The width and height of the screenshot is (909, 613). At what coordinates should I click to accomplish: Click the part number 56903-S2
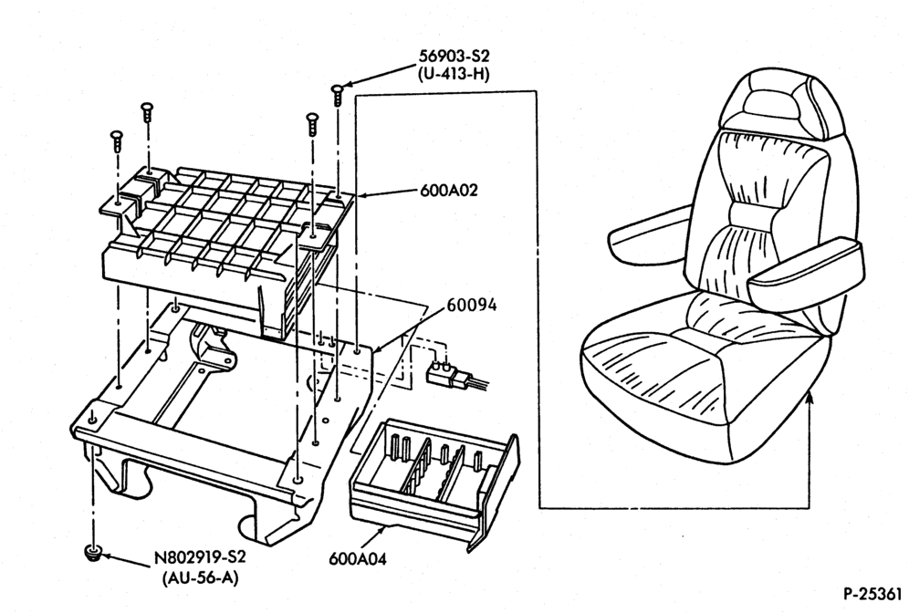(454, 57)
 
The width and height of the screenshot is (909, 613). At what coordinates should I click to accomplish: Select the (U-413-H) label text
(454, 75)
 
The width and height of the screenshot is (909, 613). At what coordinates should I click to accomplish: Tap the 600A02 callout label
(449, 191)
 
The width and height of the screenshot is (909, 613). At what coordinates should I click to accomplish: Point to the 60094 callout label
(471, 305)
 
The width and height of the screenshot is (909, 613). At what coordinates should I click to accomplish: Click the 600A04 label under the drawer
(358, 558)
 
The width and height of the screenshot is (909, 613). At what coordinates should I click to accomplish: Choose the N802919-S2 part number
(200, 557)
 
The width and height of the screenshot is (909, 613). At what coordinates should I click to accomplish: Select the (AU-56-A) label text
(200, 577)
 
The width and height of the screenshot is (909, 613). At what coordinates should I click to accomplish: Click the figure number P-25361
(872, 594)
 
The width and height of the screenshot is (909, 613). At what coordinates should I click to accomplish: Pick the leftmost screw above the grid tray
(117, 141)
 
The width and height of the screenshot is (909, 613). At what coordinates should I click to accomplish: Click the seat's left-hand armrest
(649, 234)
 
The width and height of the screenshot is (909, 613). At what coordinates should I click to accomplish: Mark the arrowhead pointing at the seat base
(810, 397)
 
